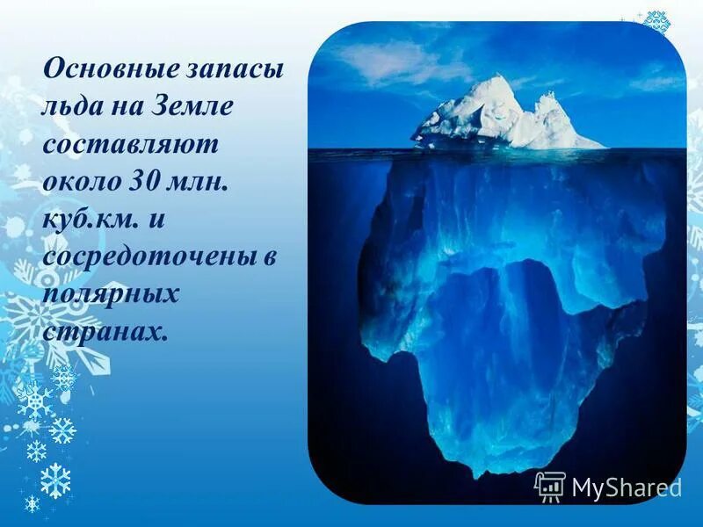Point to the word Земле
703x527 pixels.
tap(194, 106)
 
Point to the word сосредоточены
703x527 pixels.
tap(144, 258)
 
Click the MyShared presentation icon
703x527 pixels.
tap(550, 487)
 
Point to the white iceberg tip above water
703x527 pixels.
tap(501, 114)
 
